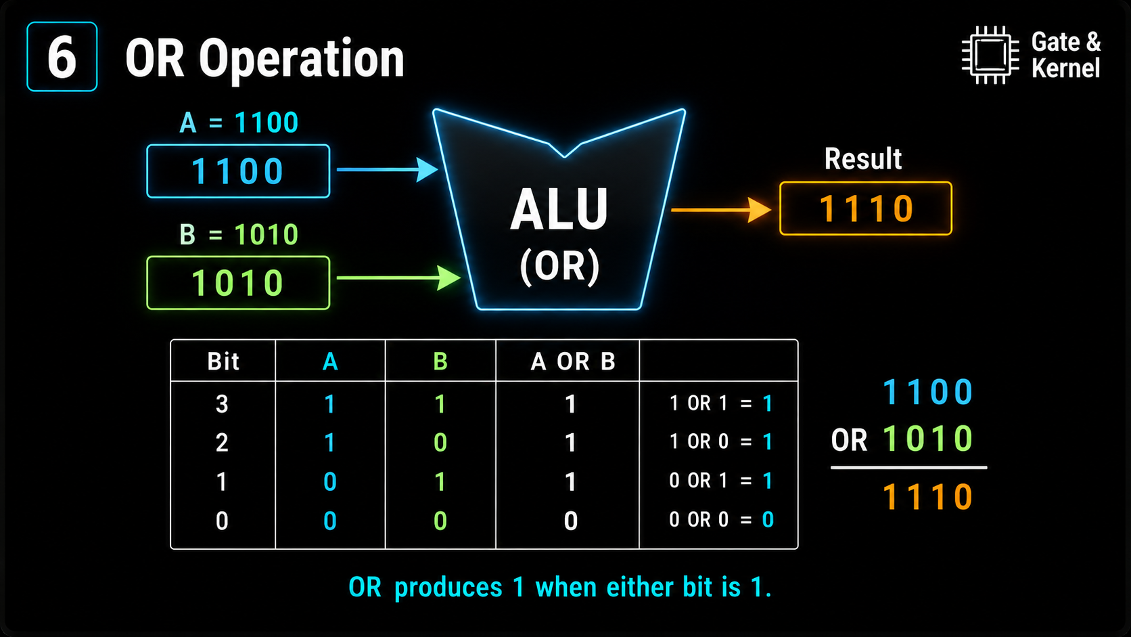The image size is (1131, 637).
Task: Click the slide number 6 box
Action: (62, 57)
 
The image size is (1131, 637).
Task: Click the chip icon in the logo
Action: (990, 55)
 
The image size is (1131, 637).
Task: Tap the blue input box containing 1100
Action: (238, 171)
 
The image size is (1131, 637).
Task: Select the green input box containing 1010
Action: (238, 283)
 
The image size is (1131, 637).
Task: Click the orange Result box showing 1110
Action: (866, 208)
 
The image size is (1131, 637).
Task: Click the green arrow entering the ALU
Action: (398, 278)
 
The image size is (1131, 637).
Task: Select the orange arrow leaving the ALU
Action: (721, 210)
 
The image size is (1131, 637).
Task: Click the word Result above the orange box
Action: (863, 158)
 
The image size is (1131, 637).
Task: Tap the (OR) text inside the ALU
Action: (559, 266)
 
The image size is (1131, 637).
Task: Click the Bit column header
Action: (223, 361)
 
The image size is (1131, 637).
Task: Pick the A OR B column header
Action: (572, 361)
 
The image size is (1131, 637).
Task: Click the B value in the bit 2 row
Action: (440, 443)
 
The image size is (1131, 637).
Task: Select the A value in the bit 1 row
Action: (329, 481)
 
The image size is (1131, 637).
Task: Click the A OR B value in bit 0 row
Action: (570, 521)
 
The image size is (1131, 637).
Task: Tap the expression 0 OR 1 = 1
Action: (720, 481)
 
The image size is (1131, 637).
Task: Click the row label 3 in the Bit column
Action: (222, 404)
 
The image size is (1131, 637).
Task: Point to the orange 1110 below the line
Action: (928, 497)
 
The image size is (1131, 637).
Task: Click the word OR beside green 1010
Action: (849, 440)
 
